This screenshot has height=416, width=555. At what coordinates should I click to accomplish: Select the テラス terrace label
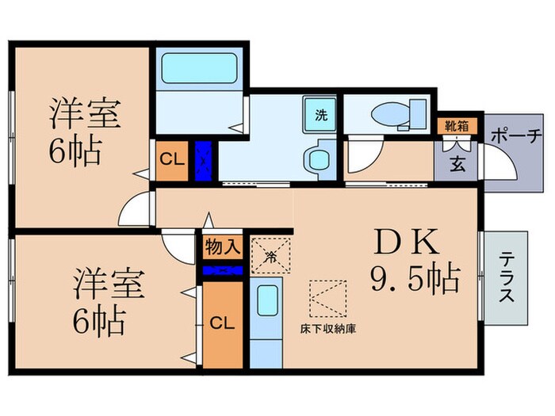pyautogui.click(x=505, y=278)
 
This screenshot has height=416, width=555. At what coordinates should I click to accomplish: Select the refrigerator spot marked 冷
pyautogui.click(x=270, y=255)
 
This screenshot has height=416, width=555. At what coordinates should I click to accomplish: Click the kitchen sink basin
pyautogui.click(x=266, y=301)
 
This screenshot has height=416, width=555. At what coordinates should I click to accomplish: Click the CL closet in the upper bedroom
pyautogui.click(x=172, y=159)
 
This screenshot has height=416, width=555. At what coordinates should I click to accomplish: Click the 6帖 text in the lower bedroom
pyautogui.click(x=98, y=320)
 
